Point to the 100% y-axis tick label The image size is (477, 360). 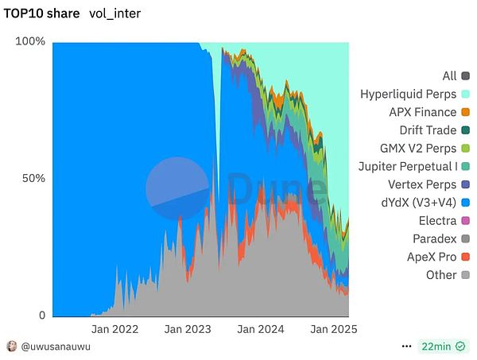(31, 41)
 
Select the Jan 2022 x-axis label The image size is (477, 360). (114, 328)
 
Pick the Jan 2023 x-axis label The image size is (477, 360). (188, 328)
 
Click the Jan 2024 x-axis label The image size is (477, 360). (260, 328)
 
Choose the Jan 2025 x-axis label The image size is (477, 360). (332, 328)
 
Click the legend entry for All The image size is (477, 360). (449, 76)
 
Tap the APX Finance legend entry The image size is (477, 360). (422, 112)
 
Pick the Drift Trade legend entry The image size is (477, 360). (428, 130)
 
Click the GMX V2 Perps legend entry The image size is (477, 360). (418, 149)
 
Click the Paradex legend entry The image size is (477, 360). (434, 238)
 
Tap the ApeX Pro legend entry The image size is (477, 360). (432, 257)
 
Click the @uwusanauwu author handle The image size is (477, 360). (55, 346)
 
